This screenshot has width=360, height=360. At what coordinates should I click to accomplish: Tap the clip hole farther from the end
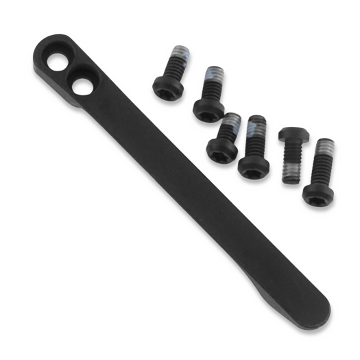point(82,86)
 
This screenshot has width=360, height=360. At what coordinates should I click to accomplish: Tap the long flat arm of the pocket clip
point(192,206)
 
